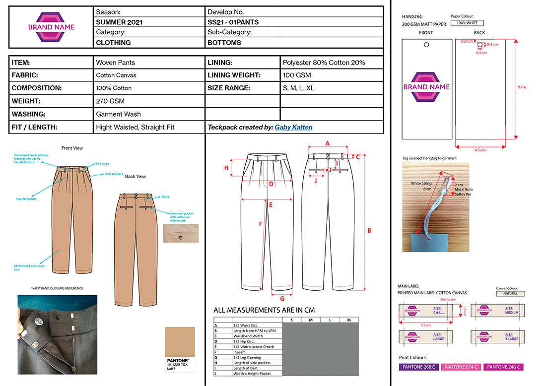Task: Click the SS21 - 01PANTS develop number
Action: click(233, 22)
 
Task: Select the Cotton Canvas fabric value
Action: click(116, 75)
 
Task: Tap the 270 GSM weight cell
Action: click(110, 101)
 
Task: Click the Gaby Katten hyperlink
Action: click(293, 128)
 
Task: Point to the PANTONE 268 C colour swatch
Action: click(418, 367)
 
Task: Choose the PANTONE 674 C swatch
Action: click(461, 367)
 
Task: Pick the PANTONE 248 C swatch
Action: click(503, 367)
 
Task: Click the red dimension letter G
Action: click(282, 299)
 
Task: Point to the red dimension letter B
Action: click(369, 230)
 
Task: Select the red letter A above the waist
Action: click(327, 143)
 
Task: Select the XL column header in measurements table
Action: click(349, 320)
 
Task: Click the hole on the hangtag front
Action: click(426, 45)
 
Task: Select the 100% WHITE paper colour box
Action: click(467, 23)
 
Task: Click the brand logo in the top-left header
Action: click(52, 27)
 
